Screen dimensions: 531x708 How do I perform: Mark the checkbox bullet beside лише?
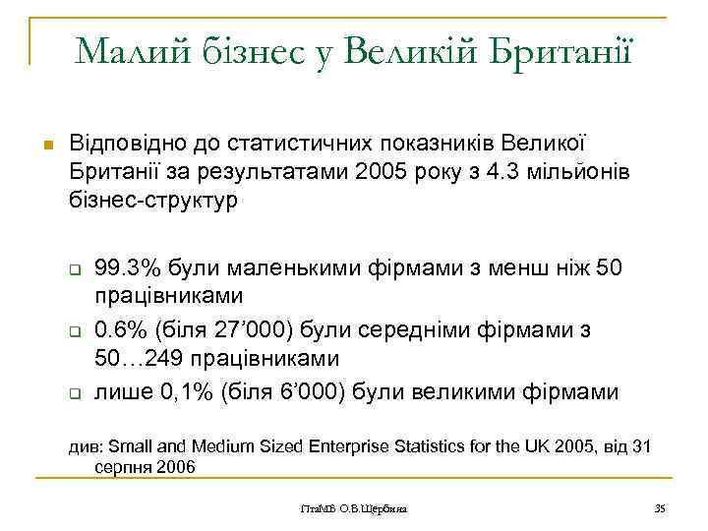73,395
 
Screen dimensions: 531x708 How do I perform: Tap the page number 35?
660,507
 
